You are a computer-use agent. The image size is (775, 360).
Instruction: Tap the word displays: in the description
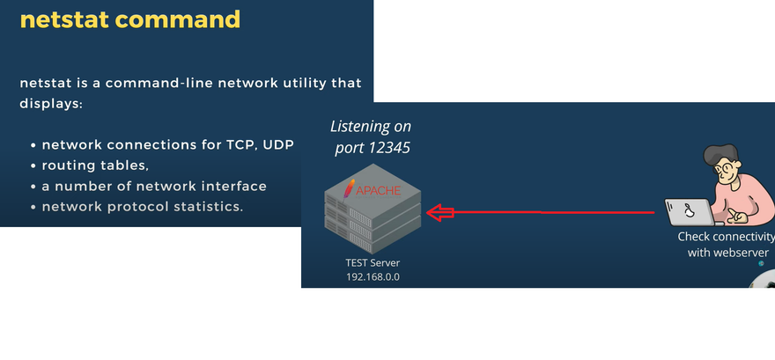point(50,104)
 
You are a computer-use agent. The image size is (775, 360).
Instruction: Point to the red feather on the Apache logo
point(350,188)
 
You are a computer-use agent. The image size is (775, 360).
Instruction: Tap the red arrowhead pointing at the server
point(439,212)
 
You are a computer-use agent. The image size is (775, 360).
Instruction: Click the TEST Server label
point(372,263)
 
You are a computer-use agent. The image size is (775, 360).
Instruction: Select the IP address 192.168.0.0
point(372,277)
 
